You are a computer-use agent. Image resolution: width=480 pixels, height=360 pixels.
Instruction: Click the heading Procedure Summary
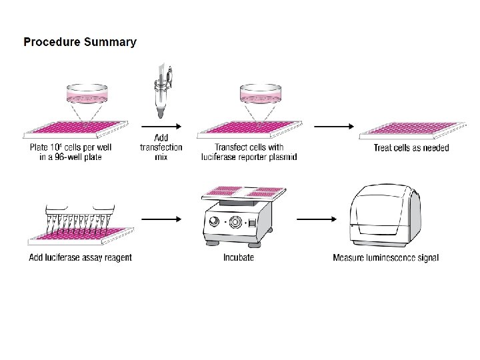80,42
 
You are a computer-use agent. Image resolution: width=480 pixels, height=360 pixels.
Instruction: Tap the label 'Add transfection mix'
161,147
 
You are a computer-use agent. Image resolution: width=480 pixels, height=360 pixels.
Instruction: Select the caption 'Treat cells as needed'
411,148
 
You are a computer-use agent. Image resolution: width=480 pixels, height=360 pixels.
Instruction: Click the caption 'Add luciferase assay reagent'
80,258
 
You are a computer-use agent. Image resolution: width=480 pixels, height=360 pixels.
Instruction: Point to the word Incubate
239,258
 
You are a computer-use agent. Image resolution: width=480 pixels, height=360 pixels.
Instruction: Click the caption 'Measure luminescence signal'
385,258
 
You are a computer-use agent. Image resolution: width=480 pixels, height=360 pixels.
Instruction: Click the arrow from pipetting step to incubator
162,219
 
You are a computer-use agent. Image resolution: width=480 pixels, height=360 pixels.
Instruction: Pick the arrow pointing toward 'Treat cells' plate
333,126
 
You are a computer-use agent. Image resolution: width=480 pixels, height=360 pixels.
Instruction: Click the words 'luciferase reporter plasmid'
249,157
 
